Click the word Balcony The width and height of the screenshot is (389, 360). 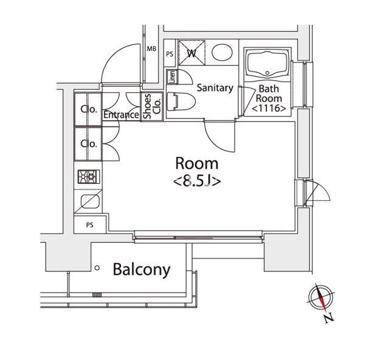click(142, 270)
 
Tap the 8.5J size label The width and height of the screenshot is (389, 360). click(196, 181)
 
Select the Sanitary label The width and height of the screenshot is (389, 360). click(215, 88)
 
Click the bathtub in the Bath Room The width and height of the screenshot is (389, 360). click(268, 64)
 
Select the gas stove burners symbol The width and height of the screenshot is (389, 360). click(88, 177)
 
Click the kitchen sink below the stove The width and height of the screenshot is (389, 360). click(89, 200)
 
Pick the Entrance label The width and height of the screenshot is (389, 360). click(122, 115)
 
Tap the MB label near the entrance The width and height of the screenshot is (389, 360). click(152, 49)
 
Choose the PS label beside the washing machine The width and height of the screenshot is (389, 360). click(170, 53)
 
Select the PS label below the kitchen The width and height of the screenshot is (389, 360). click(89, 225)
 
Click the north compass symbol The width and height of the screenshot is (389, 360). click(320, 297)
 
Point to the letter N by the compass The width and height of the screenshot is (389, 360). click(328, 317)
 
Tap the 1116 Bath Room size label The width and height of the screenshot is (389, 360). click(269, 109)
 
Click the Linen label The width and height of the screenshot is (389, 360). click(172, 77)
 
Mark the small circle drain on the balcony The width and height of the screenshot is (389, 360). click(97, 267)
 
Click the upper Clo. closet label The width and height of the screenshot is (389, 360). click(89, 110)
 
